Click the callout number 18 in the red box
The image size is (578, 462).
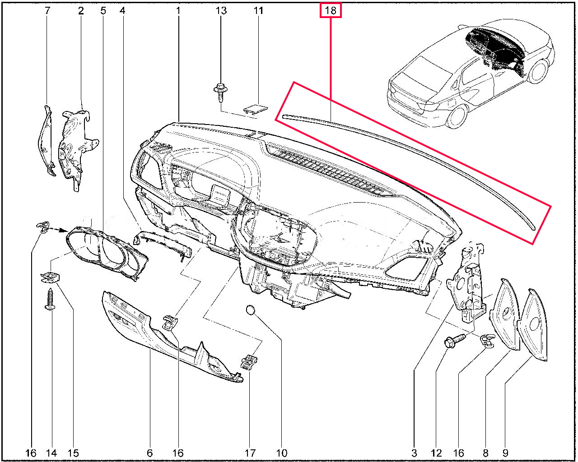click(331, 10)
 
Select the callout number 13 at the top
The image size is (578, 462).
click(221, 10)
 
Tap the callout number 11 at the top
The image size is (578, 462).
click(258, 10)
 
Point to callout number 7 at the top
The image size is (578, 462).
click(47, 10)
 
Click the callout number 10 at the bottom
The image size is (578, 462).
click(281, 453)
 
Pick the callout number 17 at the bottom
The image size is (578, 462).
click(250, 453)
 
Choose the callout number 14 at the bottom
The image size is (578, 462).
click(51, 453)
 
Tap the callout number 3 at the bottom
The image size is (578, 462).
click(414, 453)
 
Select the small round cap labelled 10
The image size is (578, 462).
click(251, 310)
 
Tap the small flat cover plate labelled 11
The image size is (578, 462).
click(255, 109)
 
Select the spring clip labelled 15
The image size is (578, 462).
click(50, 278)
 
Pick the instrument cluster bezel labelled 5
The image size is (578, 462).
click(107, 252)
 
